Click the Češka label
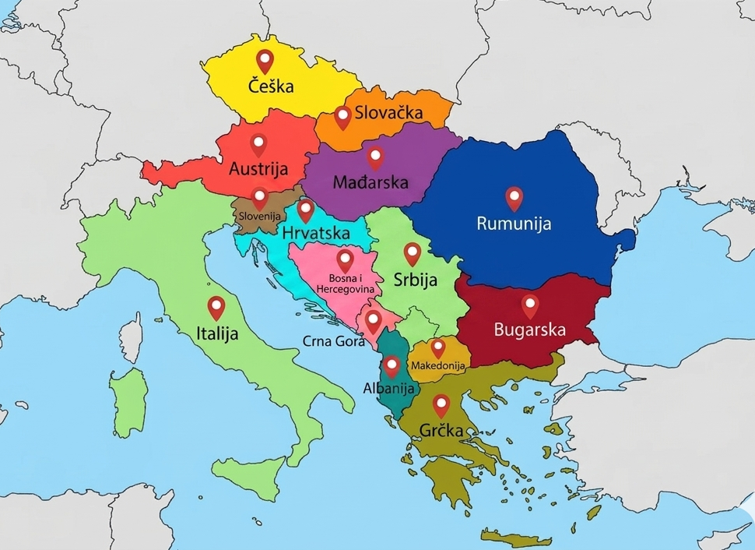[x=271, y=86]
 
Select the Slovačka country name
[x=388, y=113]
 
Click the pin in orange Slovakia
[x=342, y=118]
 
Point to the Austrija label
[x=258, y=168]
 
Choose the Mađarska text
[x=370, y=183]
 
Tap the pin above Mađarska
[x=376, y=158]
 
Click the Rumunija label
[x=514, y=224]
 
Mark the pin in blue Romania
[x=514, y=198]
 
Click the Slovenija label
[x=259, y=216]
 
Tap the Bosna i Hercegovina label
[x=345, y=284]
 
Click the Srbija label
[x=414, y=280]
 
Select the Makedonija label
[x=438, y=365]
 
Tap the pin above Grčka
[x=441, y=404]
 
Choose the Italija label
[x=217, y=333]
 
